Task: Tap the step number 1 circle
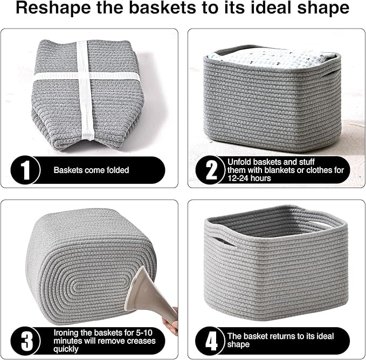click(x=23, y=170)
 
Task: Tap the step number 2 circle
click(x=212, y=170)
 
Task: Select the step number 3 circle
click(x=23, y=340)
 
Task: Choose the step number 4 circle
click(x=212, y=340)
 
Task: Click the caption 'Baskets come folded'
click(x=91, y=170)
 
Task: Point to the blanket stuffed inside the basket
click(x=272, y=57)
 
